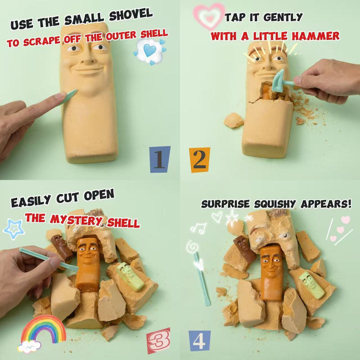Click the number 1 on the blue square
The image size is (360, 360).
(x=159, y=159)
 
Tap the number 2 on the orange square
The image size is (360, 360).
(x=199, y=160)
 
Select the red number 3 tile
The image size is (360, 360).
(x=159, y=340)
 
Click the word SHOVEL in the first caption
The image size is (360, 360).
(x=131, y=14)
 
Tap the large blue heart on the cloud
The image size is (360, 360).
(x=149, y=50)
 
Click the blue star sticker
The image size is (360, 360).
(x=14, y=228)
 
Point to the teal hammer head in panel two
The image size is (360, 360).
(x=278, y=81)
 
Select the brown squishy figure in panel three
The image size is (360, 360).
(x=61, y=247)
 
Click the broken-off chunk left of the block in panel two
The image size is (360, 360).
(x=233, y=120)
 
